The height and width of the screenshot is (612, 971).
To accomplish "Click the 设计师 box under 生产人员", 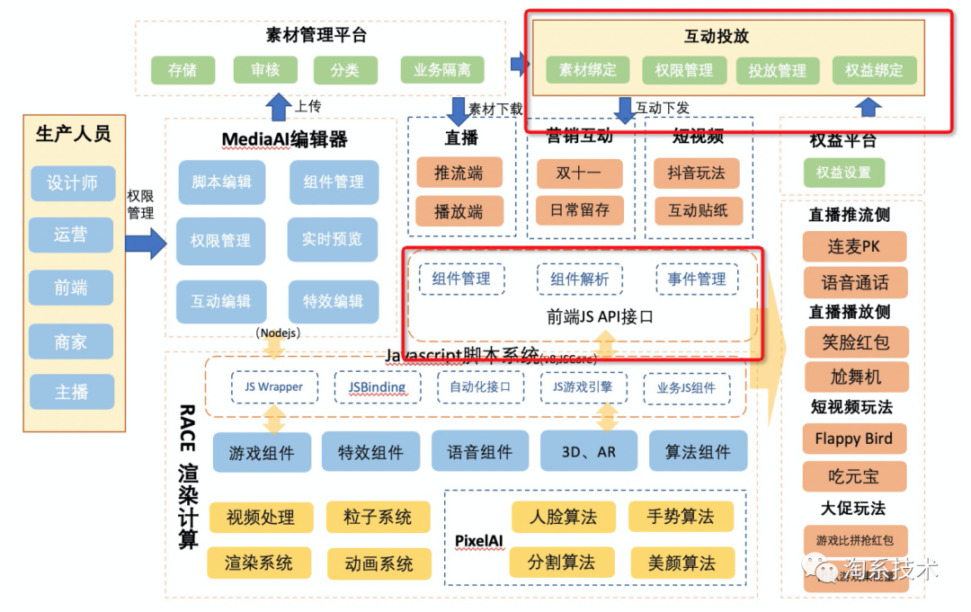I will (72, 183).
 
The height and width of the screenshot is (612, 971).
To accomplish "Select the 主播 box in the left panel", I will (72, 393).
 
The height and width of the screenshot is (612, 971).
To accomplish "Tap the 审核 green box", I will (264, 69).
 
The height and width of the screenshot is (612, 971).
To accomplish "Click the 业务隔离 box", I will (442, 69).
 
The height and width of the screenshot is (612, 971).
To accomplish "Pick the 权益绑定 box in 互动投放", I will (874, 69).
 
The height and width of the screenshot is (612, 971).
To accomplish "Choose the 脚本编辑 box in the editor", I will (221, 182).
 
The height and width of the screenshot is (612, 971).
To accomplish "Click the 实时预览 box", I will (332, 239).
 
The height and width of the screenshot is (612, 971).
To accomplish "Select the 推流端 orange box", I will (459, 173).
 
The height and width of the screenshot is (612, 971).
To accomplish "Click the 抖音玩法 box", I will (697, 172).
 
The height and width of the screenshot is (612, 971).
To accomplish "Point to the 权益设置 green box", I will (843, 173).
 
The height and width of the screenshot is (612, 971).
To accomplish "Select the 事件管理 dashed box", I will (697, 279).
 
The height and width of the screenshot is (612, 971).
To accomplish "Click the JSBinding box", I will (377, 387).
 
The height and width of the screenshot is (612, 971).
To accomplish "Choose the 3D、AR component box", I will (589, 452).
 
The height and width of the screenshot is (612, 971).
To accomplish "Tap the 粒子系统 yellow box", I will (378, 517).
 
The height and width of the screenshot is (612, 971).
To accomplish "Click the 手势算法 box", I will (681, 516).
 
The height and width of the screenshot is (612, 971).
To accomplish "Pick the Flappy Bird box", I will (853, 439).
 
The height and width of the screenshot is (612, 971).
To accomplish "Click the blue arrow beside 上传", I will (279, 107).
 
